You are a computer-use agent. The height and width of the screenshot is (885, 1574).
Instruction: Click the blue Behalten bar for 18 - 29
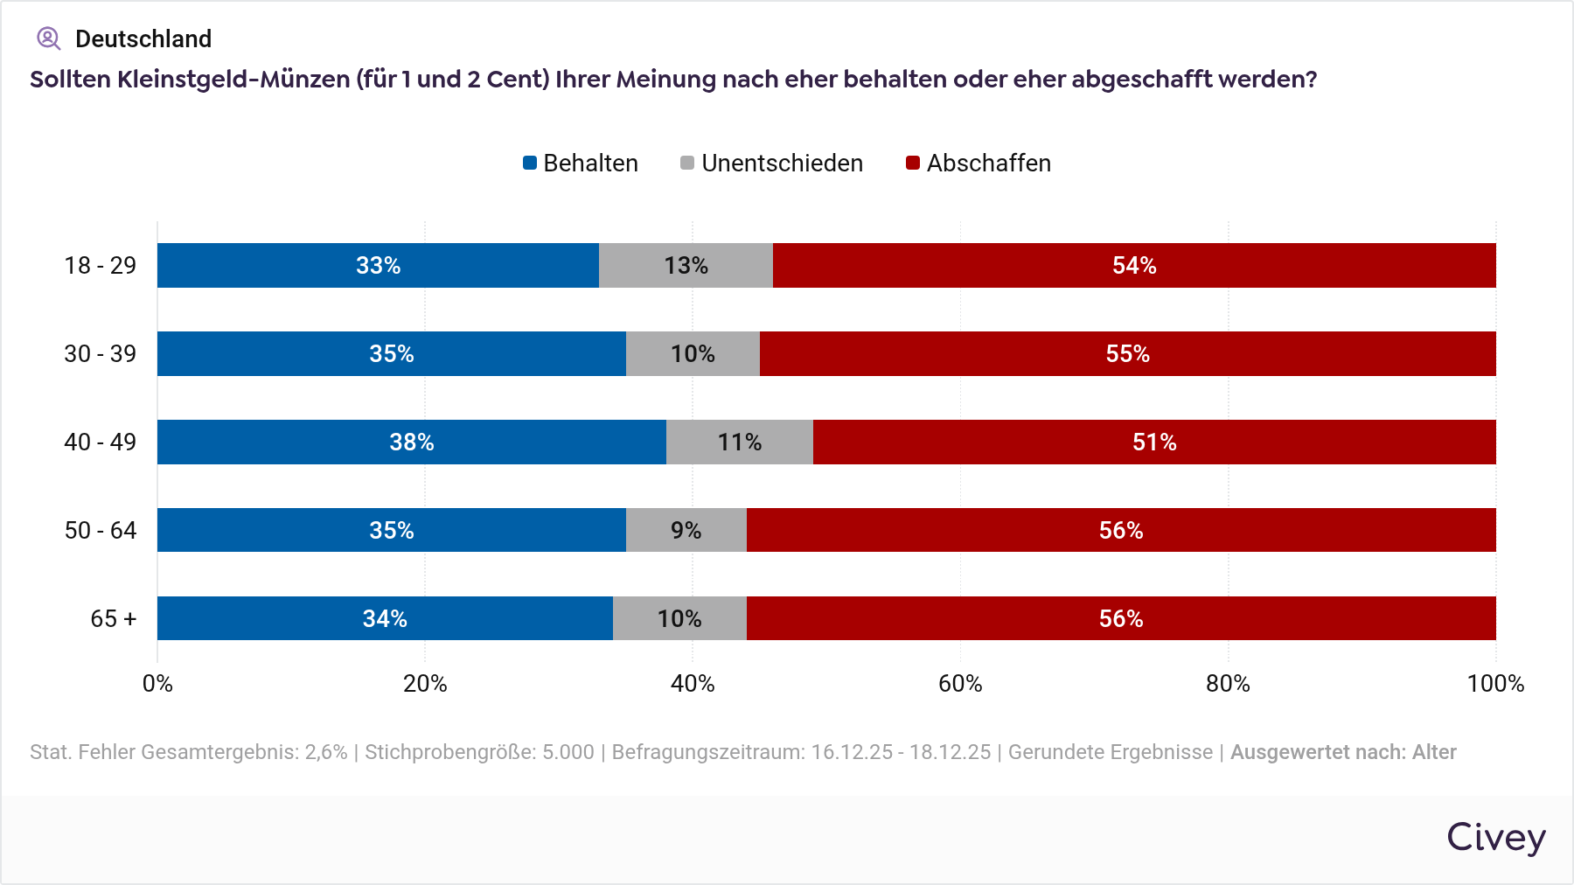[378, 266]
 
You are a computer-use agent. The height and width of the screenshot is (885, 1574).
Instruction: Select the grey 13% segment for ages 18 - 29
[686, 266]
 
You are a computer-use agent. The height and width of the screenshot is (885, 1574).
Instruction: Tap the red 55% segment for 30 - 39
[1127, 354]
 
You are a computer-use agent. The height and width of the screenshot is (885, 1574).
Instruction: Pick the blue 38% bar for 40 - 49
[411, 442]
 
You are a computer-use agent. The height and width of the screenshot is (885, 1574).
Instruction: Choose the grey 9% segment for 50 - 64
[686, 531]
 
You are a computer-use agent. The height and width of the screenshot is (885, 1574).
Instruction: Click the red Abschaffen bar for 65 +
[1120, 619]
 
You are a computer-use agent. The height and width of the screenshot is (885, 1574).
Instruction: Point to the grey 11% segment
[739, 442]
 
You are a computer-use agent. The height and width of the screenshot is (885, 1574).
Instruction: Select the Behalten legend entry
[581, 164]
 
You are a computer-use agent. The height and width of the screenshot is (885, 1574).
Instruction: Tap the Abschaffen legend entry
[979, 164]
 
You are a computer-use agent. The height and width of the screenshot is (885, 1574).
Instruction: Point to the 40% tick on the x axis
[693, 684]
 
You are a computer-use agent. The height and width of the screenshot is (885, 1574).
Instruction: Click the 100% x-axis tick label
[1495, 684]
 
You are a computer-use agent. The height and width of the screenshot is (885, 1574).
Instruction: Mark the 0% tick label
[157, 684]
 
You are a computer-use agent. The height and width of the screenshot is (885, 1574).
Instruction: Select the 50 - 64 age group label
[101, 531]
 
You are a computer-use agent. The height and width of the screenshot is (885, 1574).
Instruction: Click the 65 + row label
[114, 619]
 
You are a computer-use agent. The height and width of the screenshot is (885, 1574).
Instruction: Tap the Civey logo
[1495, 838]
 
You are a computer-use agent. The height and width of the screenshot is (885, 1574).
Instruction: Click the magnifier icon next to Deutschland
[48, 38]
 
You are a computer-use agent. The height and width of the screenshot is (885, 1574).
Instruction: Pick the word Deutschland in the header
[143, 39]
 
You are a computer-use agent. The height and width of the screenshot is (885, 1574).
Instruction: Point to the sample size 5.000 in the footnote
[568, 752]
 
